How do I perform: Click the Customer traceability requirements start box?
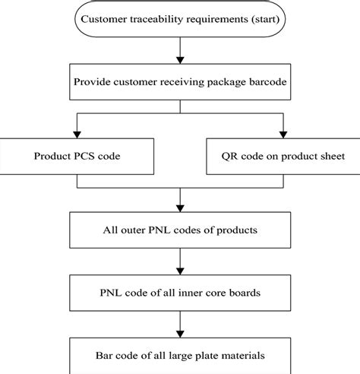pos(179,17)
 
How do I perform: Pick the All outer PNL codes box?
pos(179,229)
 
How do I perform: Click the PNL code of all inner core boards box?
pos(179,291)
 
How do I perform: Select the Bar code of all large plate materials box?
pos(179,355)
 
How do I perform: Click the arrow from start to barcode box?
pos(179,50)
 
